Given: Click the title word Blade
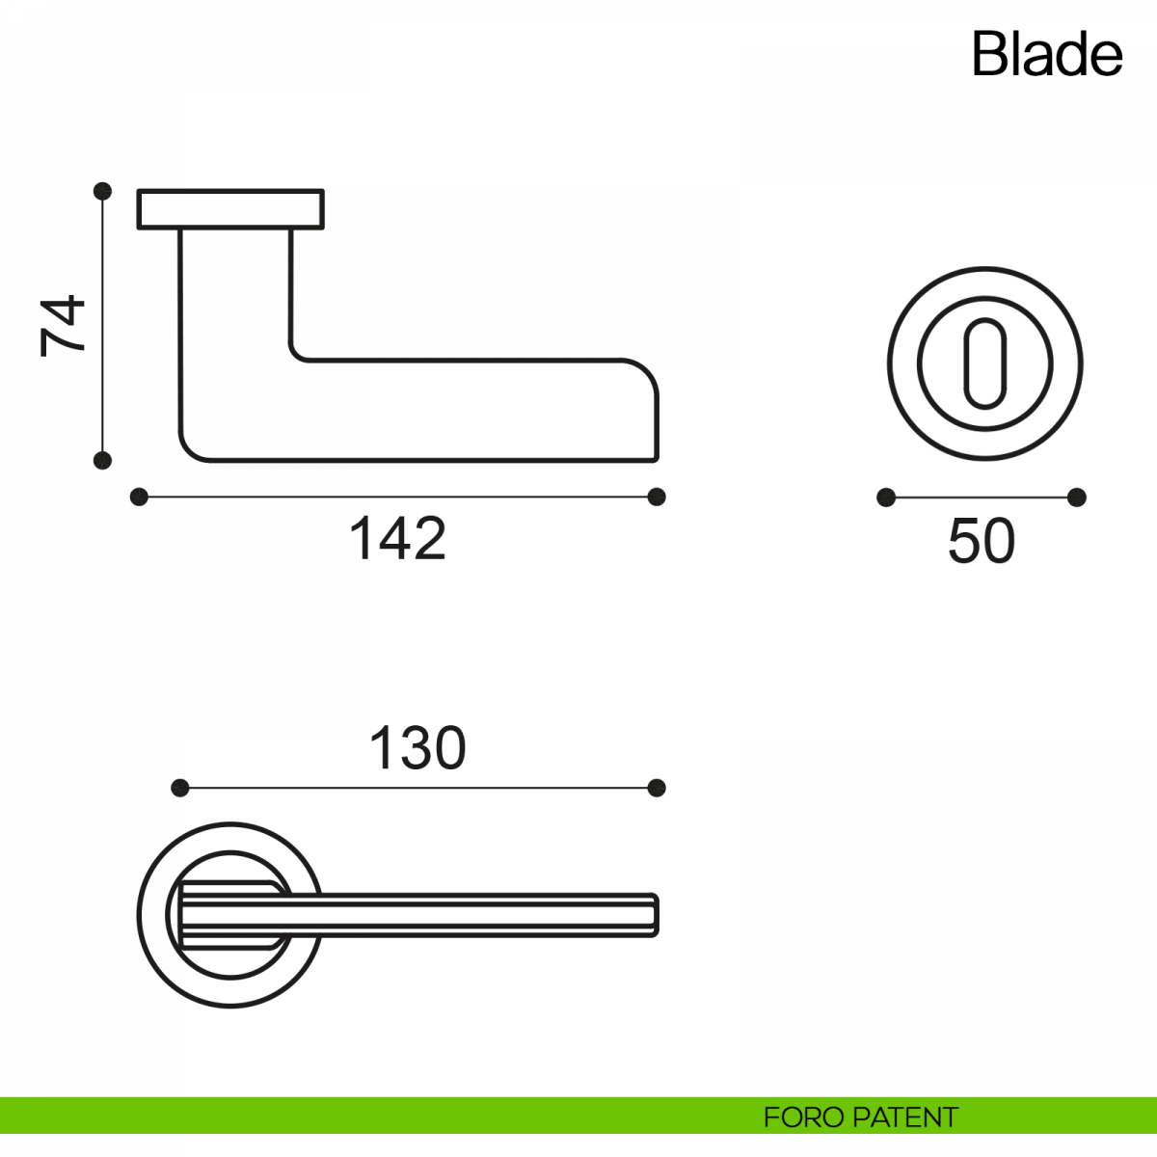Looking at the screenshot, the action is [1046, 54].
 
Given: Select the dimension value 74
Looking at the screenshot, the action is [63, 326].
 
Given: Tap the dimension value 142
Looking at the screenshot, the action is [397, 538].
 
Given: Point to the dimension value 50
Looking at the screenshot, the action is [982, 541].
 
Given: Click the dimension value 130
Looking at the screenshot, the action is [417, 747].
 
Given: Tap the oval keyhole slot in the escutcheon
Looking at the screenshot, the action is [985, 363].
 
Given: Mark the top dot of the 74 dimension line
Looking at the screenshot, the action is [102, 191].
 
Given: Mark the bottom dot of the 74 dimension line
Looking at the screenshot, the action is [102, 461].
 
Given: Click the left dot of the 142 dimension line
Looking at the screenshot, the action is [139, 498].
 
